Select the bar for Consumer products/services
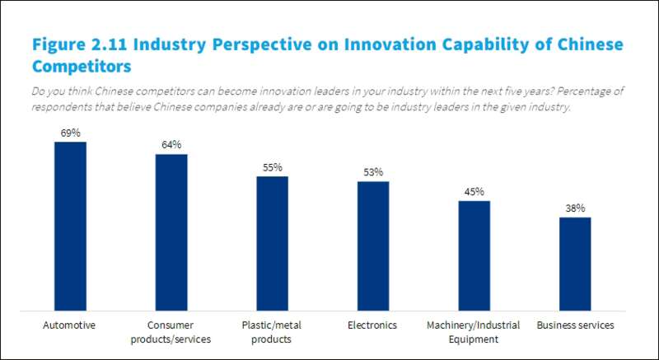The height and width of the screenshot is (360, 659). (x=171, y=230)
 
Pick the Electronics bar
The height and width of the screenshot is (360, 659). (x=373, y=243)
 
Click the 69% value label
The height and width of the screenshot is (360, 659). (x=70, y=133)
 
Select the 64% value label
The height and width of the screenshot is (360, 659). (x=171, y=145)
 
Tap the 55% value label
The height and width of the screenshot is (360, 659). (x=272, y=167)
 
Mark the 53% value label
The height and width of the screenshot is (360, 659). (x=373, y=172)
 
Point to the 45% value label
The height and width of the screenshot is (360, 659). (x=474, y=192)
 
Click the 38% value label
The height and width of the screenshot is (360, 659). (x=575, y=208)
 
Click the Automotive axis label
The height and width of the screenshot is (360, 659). (x=70, y=325)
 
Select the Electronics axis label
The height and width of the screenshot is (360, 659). (x=373, y=325)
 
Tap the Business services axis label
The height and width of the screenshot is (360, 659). (x=575, y=325)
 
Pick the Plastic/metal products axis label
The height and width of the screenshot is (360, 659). (x=272, y=331)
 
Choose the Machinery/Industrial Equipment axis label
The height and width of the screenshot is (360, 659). (x=474, y=331)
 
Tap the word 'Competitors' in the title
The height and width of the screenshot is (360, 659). (x=82, y=63)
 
